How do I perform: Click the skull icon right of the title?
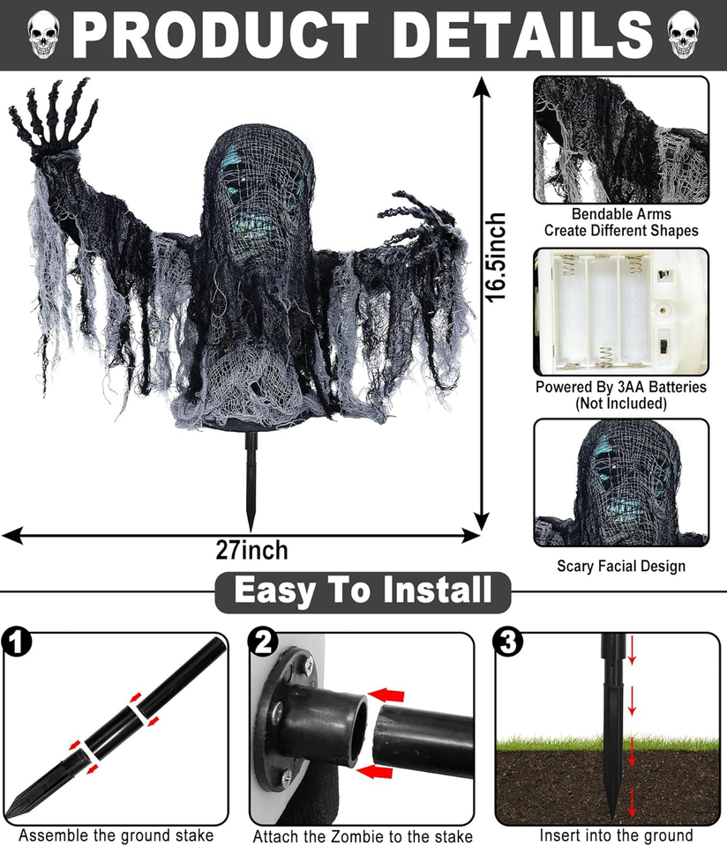[x=683, y=36]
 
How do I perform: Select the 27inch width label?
[x=251, y=550]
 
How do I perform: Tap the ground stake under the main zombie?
[x=250, y=480]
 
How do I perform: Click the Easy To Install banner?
[x=363, y=590]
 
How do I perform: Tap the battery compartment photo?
[x=620, y=310]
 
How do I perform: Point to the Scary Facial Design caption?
[x=621, y=566]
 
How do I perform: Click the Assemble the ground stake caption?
[x=116, y=835]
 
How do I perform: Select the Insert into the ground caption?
[x=616, y=835]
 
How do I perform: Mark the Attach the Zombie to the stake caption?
[x=363, y=836]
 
